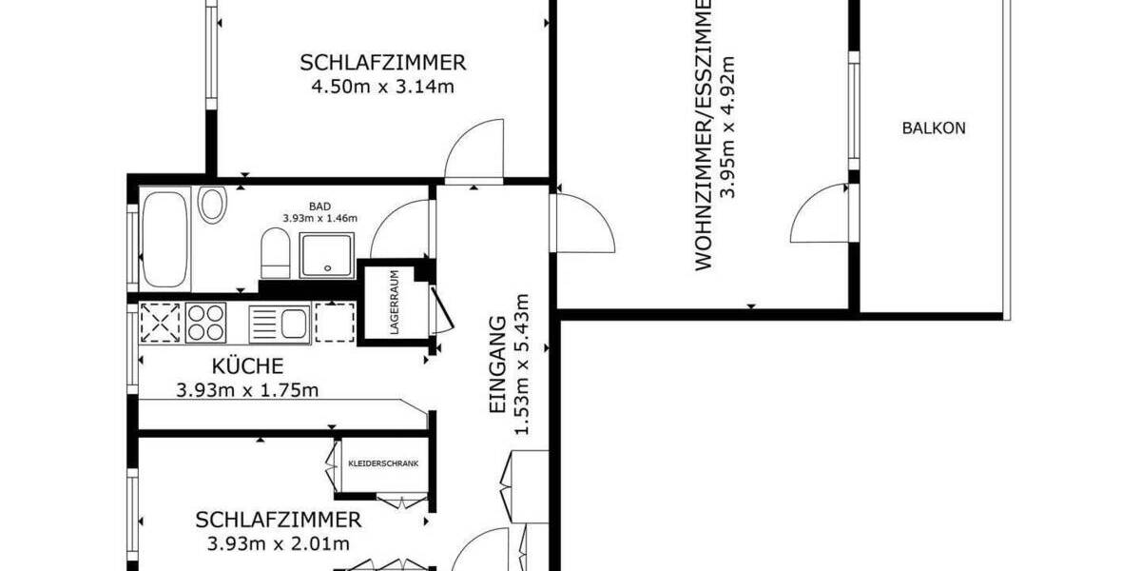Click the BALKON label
pyautogui.click(x=933, y=128)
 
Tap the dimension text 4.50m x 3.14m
pyautogui.click(x=383, y=89)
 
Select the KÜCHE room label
pyautogui.click(x=246, y=365)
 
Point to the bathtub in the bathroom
pyautogui.click(x=165, y=239)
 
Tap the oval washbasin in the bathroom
pyautogui.click(x=211, y=205)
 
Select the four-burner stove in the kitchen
pyautogui.click(x=205, y=322)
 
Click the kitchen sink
pyautogui.click(x=279, y=323)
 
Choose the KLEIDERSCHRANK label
pyautogui.click(x=383, y=464)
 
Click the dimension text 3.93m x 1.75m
pyautogui.click(x=246, y=389)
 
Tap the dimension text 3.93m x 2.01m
pyautogui.click(x=279, y=544)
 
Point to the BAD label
pyautogui.click(x=319, y=206)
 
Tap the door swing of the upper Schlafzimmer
pyautogui.click(x=475, y=149)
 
